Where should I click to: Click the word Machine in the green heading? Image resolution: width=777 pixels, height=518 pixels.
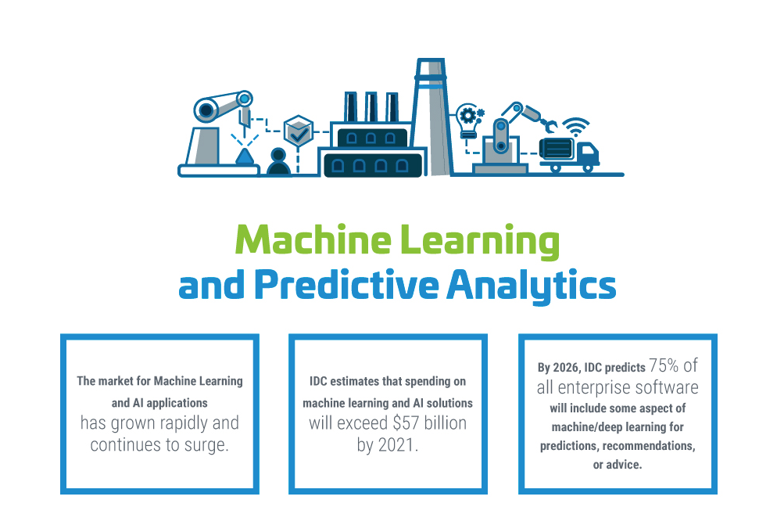pos(313,239)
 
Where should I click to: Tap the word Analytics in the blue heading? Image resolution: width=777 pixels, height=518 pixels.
pos(532,286)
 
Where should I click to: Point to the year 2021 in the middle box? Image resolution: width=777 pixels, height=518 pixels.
pos(396,444)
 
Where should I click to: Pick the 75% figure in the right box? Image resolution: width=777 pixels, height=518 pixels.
pos(664,365)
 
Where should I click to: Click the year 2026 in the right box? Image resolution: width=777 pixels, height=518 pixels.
pos(566,368)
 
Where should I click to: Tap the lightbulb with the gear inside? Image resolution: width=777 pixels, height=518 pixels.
pos(467,121)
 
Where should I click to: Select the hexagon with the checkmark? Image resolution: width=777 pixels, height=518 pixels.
pos(299,131)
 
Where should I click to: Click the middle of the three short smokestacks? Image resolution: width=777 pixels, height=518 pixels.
pos(371,106)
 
